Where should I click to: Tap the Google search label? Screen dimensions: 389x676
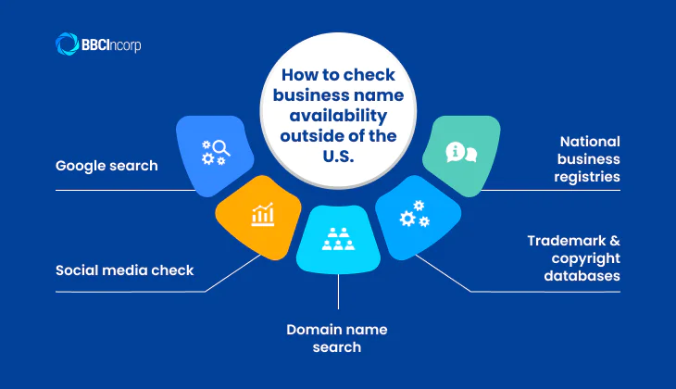(x=106, y=167)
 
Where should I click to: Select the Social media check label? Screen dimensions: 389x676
(x=124, y=270)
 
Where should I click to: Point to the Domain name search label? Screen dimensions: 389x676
(x=336, y=338)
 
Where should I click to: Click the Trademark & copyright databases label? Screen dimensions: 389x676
(x=574, y=258)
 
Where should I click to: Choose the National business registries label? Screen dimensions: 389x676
(x=590, y=158)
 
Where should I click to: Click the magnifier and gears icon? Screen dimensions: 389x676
(x=216, y=151)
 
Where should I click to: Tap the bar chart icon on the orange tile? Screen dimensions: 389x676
(x=262, y=215)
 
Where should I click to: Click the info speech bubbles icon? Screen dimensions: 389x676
(x=460, y=152)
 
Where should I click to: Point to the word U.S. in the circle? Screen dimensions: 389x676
(x=338, y=157)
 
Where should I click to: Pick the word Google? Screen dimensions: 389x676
(x=81, y=167)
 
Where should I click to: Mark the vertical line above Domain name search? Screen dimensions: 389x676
(x=338, y=292)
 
